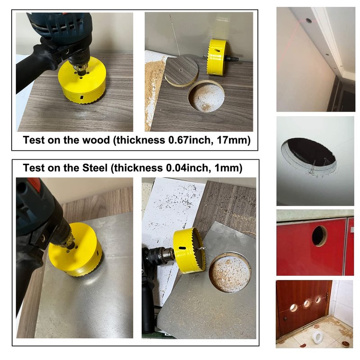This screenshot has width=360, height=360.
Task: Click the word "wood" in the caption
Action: [x=96, y=140]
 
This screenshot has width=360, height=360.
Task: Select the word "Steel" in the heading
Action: [x=95, y=168]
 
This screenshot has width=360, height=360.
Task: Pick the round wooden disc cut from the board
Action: [x=182, y=72]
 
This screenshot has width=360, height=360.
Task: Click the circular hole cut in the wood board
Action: [x=206, y=97]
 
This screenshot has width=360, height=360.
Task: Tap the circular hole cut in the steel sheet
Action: [x=230, y=272]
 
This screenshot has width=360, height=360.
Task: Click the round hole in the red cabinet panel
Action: [x=319, y=236]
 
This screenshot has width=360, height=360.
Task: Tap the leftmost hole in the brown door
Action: [x=293, y=307]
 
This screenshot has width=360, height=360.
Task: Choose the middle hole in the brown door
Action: [x=307, y=303]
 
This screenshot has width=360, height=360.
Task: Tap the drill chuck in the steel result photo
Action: [x=164, y=256]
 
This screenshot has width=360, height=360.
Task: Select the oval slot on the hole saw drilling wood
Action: [x=81, y=97]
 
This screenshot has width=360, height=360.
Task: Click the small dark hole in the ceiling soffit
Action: [x=309, y=20]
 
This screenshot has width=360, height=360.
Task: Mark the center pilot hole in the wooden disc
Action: [x=181, y=70]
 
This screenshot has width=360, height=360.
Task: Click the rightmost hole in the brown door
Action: [x=318, y=299]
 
